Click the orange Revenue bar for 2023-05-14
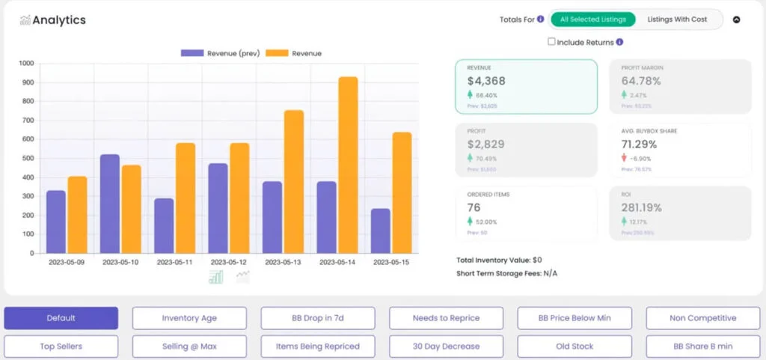click(x=348, y=165)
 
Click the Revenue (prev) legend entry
click(x=221, y=53)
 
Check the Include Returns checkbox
click(x=551, y=42)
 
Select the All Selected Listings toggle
click(x=593, y=19)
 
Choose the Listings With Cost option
click(x=677, y=19)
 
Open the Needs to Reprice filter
click(x=446, y=318)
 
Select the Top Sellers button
click(x=61, y=347)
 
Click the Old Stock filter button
click(x=574, y=347)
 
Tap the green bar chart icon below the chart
click(x=215, y=278)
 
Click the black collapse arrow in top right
click(x=736, y=20)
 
